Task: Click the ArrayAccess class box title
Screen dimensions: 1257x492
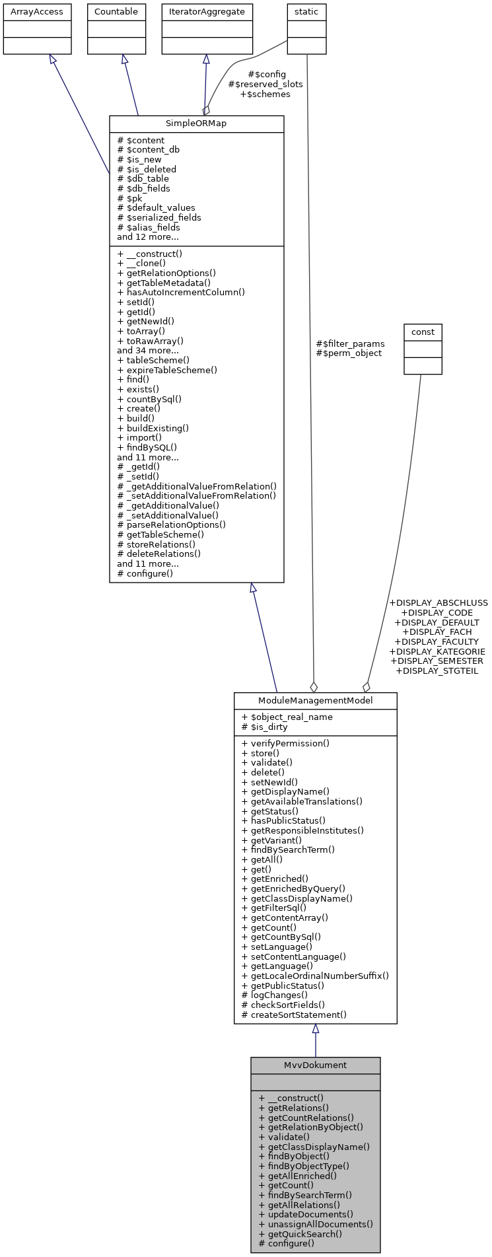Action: pos(37,12)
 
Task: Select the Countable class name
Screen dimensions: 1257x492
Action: pos(116,12)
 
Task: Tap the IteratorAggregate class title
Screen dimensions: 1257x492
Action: pos(207,12)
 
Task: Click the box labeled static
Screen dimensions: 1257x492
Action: pos(306,12)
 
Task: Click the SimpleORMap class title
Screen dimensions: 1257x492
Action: pos(196,124)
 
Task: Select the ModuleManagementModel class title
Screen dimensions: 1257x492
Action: pos(315,701)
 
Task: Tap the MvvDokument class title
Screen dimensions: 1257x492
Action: pos(315,1065)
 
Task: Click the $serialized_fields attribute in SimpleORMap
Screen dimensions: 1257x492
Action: pos(159,217)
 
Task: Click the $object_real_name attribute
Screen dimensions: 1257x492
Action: pos(287,717)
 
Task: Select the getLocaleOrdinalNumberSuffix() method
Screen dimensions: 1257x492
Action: pos(315,976)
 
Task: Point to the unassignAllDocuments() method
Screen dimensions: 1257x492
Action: pos(316,1224)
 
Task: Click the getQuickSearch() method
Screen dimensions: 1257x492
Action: pos(300,1234)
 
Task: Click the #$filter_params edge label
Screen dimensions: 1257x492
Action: pos(350,343)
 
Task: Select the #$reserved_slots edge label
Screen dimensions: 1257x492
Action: pos(265,85)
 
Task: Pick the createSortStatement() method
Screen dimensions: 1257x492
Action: pos(294,1015)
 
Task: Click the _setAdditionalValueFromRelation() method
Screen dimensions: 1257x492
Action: pos(197,496)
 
